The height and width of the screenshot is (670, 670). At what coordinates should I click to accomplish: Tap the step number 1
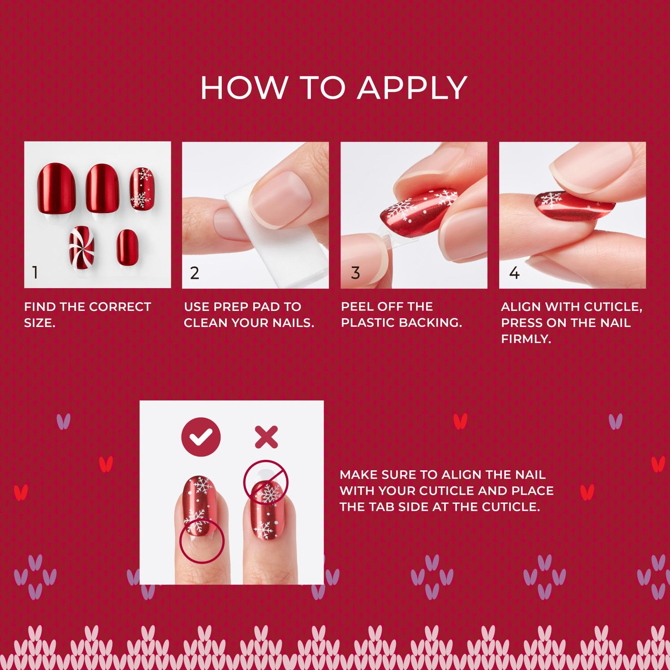tap(35, 273)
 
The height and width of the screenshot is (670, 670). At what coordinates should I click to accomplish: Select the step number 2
tap(195, 273)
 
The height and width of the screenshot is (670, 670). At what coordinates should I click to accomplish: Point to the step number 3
tap(355, 273)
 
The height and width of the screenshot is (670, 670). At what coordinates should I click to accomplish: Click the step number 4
tap(514, 273)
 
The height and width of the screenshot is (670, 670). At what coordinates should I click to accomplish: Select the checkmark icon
tap(201, 437)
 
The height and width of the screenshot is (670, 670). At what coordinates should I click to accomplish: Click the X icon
tap(266, 437)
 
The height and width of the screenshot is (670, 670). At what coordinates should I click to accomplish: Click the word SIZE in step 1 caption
tap(39, 323)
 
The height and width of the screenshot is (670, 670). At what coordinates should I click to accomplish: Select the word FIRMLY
tap(526, 339)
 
